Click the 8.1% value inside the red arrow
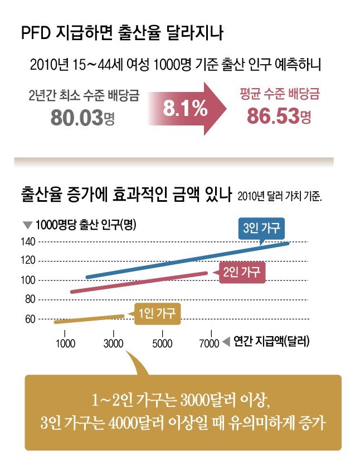click(x=184, y=109)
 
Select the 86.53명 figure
click(x=278, y=118)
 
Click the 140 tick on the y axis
click(x=29, y=241)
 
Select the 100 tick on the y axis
click(x=29, y=280)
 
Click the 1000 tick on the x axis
click(x=66, y=343)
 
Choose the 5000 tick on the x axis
click(x=162, y=343)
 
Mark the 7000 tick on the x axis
click(x=209, y=343)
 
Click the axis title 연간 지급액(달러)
click(x=271, y=341)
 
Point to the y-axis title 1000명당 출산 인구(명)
click(x=86, y=226)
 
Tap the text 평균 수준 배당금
click(x=273, y=92)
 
